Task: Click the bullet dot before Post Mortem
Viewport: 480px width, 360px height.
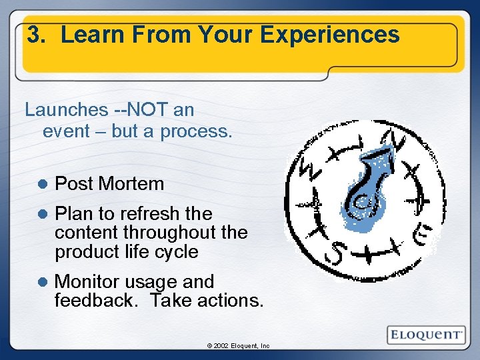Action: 41,184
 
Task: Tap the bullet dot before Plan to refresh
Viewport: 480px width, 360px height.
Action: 41,214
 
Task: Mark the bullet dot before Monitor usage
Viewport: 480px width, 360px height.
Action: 41,282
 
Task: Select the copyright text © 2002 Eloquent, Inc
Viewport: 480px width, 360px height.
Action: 238,346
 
